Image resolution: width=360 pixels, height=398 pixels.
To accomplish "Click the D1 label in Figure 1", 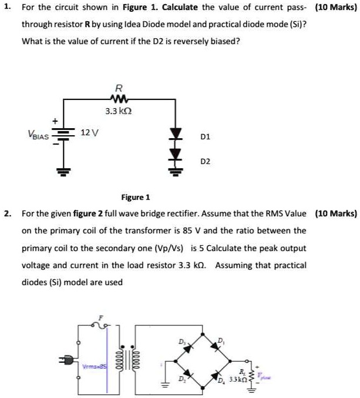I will pos(205,136).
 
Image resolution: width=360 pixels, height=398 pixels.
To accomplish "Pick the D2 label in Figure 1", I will pos(205,160).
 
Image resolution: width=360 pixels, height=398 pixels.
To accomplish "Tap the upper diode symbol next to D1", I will pos(175,135).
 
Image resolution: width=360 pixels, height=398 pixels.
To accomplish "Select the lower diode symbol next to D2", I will pos(175,156).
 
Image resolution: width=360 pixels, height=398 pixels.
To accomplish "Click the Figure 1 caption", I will pos(136,198).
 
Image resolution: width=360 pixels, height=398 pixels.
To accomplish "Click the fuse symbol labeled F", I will pos(101,323).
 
